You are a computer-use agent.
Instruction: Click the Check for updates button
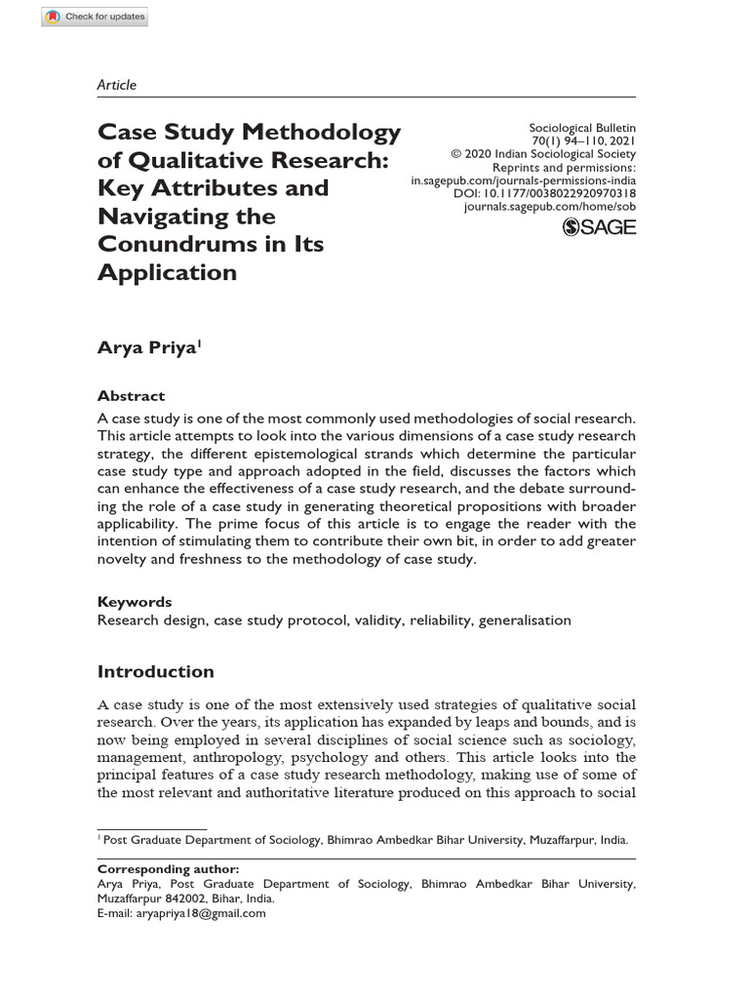95,17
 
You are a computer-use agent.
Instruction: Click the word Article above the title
117,85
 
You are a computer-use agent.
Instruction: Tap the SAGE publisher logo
599,227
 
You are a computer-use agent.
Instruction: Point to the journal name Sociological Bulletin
581,128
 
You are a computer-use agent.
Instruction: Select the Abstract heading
131,396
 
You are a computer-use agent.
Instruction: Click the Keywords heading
135,602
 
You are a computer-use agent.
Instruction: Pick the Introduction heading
155,671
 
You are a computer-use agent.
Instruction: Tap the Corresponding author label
168,868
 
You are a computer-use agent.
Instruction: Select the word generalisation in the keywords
525,620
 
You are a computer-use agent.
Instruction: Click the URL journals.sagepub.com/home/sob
549,207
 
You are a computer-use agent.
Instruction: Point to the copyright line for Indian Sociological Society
542,154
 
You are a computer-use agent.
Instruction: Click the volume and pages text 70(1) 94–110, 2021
580,141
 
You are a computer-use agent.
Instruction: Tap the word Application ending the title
167,272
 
